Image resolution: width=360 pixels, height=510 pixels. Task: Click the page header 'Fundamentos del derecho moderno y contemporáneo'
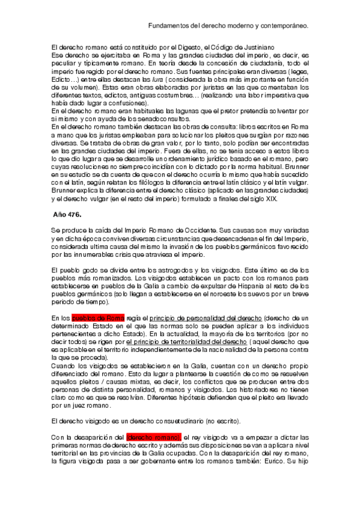(x=228, y=26)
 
